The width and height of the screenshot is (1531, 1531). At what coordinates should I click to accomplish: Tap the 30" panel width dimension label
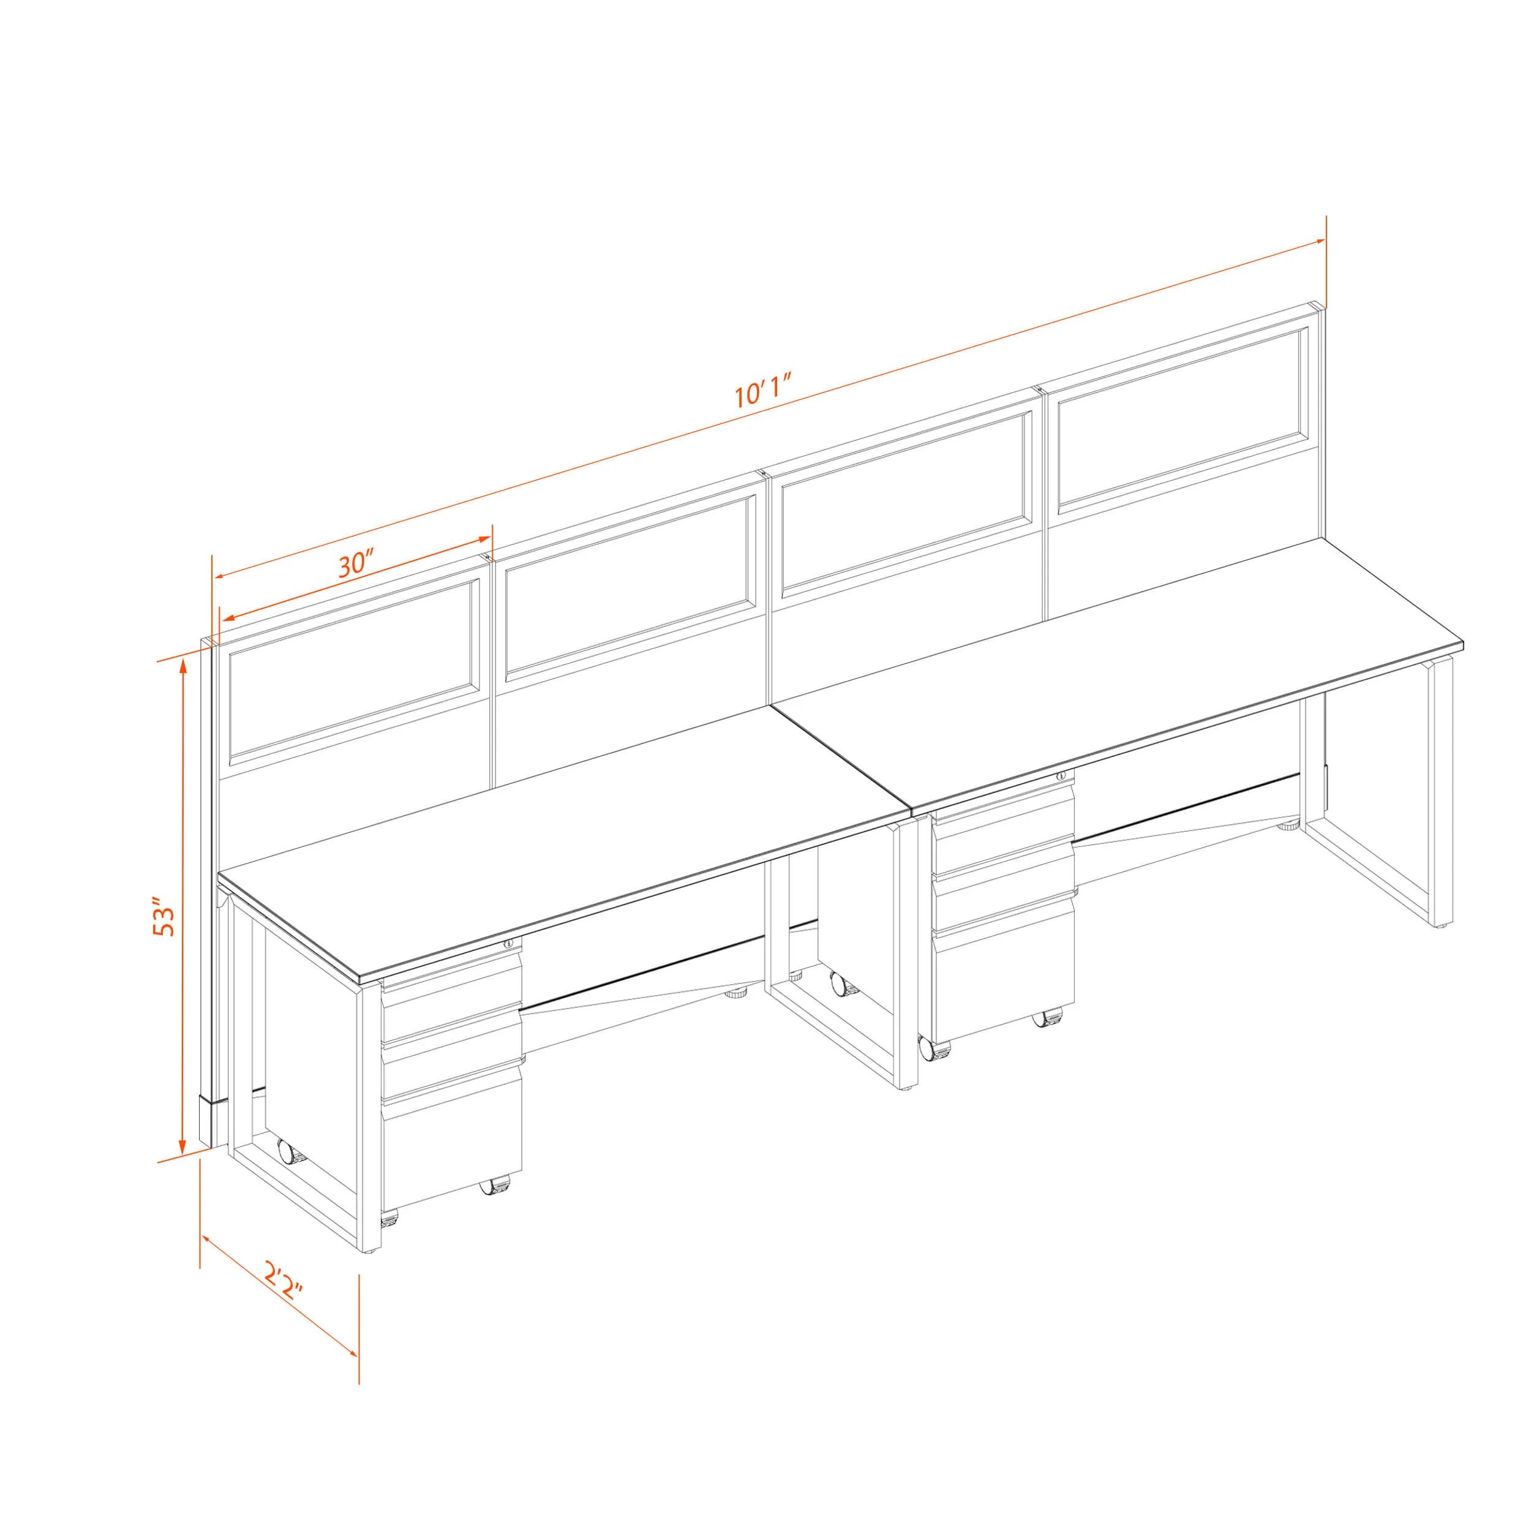356,563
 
